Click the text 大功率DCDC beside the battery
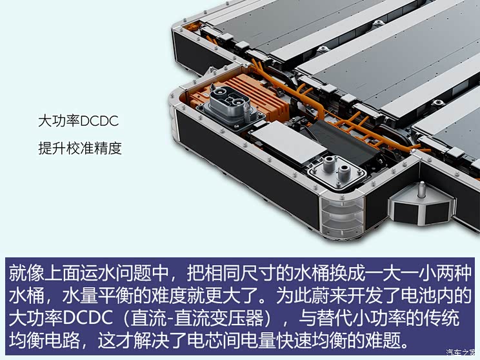tap(79, 121)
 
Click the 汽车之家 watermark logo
tap(459, 352)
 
